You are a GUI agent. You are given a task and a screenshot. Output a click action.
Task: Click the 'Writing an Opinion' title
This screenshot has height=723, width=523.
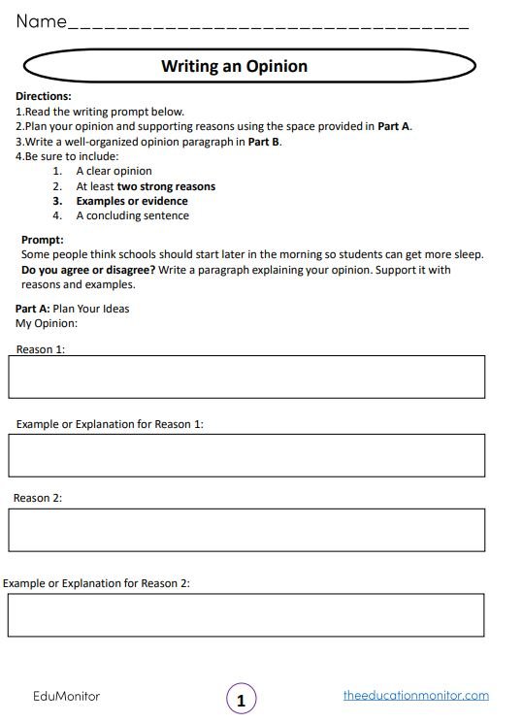click(234, 66)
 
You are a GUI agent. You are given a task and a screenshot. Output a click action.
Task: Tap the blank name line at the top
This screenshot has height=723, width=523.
click(268, 23)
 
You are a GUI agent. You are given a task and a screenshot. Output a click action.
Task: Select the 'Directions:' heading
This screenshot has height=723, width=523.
click(44, 96)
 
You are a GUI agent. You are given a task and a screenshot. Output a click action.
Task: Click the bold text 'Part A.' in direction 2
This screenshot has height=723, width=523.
click(395, 126)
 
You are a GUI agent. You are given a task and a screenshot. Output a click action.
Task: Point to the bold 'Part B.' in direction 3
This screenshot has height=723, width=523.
click(265, 141)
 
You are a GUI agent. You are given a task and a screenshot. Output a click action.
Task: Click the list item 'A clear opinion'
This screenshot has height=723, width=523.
click(114, 172)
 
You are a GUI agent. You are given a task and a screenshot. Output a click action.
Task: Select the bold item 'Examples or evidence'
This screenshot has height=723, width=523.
click(132, 201)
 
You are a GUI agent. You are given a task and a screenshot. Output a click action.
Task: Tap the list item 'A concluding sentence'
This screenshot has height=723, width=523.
click(133, 215)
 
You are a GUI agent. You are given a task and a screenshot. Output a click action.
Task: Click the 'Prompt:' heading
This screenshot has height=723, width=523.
click(42, 240)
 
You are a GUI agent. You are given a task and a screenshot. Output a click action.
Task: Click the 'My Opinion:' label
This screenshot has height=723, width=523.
click(47, 323)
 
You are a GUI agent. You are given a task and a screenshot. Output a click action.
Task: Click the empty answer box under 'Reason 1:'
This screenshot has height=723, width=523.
click(246, 377)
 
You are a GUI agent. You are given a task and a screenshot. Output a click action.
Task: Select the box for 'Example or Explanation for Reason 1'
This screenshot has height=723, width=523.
click(246, 455)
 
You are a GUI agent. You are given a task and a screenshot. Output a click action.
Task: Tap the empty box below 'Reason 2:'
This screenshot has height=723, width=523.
click(246, 530)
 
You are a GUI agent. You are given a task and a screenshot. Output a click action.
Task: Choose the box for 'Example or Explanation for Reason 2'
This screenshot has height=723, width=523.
click(246, 614)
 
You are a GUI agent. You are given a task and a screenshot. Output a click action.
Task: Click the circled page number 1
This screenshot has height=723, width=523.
click(242, 698)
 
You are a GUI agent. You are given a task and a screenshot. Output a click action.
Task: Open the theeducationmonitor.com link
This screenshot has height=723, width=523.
click(416, 696)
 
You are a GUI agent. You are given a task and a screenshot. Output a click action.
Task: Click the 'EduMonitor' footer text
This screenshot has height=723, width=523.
click(67, 696)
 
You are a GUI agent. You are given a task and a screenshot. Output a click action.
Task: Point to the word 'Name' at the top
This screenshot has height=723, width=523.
click(40, 20)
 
